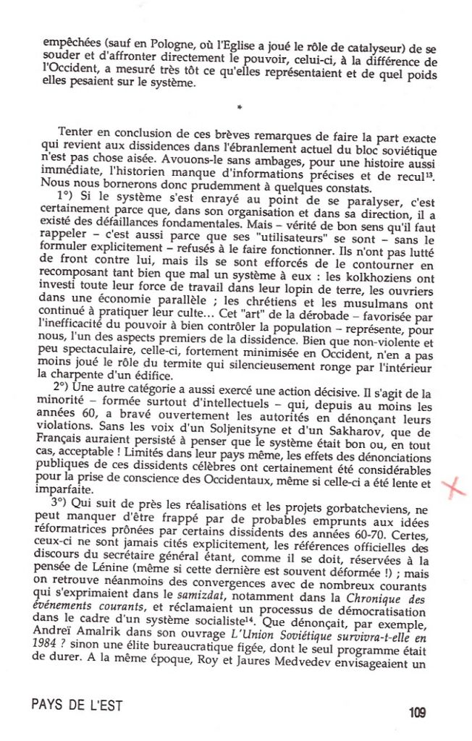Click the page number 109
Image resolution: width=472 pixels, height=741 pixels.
416,712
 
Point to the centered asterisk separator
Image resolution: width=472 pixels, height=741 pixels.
239,109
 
